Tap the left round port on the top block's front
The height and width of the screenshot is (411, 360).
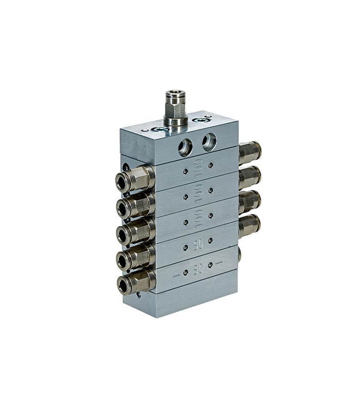[x=185, y=148]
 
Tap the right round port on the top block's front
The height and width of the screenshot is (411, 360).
[x=209, y=142]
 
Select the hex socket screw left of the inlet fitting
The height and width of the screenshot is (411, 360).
[x=160, y=129]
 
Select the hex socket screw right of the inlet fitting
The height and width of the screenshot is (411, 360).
[x=201, y=120]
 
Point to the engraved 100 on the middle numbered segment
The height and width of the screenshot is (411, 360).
[x=199, y=193]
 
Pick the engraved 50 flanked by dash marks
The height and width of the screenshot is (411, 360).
[x=198, y=269]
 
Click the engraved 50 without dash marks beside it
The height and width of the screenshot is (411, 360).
[x=199, y=245]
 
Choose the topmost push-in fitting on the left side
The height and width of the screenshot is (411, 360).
[x=135, y=178]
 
